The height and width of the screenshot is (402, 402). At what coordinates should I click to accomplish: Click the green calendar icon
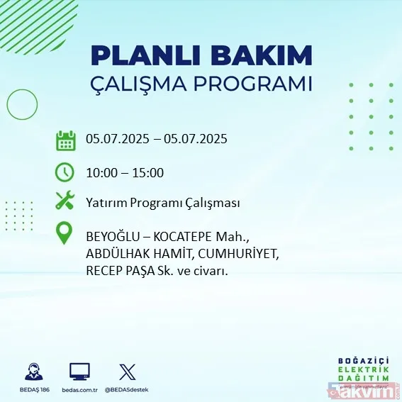click(65, 140)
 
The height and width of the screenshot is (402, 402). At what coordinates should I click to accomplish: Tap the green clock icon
click(65, 172)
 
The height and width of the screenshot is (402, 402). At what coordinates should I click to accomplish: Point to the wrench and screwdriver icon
click(65, 202)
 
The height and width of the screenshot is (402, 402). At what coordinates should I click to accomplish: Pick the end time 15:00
click(148, 172)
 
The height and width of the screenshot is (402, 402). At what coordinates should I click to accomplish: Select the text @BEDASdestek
click(128, 390)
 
